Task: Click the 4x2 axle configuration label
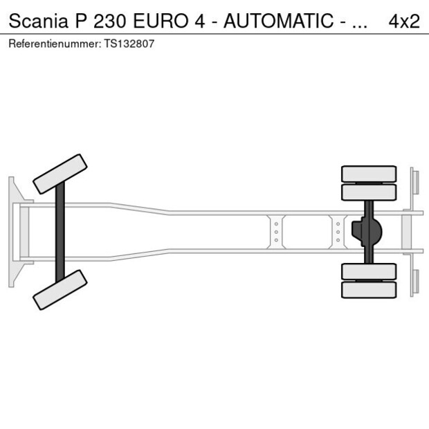point(404,21)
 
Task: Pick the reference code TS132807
point(129,44)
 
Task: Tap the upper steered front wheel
point(60,174)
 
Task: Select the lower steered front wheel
point(60,289)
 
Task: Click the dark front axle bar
point(60,231)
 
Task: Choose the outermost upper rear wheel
point(369,173)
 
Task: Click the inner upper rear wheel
point(369,192)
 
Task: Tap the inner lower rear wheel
point(369,271)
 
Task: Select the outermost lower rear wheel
point(369,290)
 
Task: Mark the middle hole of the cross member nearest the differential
point(338,232)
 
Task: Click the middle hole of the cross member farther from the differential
point(276,232)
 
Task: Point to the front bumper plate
point(12,231)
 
